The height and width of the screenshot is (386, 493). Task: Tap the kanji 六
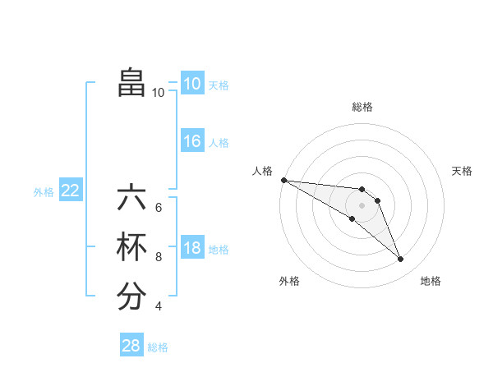coord(131,198)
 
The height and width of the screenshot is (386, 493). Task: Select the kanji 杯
coord(131,247)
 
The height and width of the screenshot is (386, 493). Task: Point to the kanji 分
coord(131,296)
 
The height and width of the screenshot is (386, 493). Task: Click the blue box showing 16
coord(192,141)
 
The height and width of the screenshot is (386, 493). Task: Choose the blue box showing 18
coord(192,249)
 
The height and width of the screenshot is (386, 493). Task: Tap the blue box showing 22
coord(71,191)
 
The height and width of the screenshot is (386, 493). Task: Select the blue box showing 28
coord(131,346)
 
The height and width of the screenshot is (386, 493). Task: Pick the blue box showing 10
coord(192,84)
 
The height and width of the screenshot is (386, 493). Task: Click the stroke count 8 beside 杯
coord(159,257)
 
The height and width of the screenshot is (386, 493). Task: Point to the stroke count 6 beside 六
coord(159,207)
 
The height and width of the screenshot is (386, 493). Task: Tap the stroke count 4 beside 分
coord(159,306)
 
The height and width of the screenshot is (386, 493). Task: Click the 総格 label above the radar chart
coord(362,107)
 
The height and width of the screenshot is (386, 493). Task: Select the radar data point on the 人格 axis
coord(283,180)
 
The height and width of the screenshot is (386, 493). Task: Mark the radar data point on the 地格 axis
coord(401,260)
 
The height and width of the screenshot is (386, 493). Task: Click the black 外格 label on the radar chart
coord(289,282)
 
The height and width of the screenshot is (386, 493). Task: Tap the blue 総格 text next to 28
coord(158,347)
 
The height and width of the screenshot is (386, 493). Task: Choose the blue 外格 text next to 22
coord(44,192)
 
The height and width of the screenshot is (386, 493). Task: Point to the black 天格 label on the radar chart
coord(462,171)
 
